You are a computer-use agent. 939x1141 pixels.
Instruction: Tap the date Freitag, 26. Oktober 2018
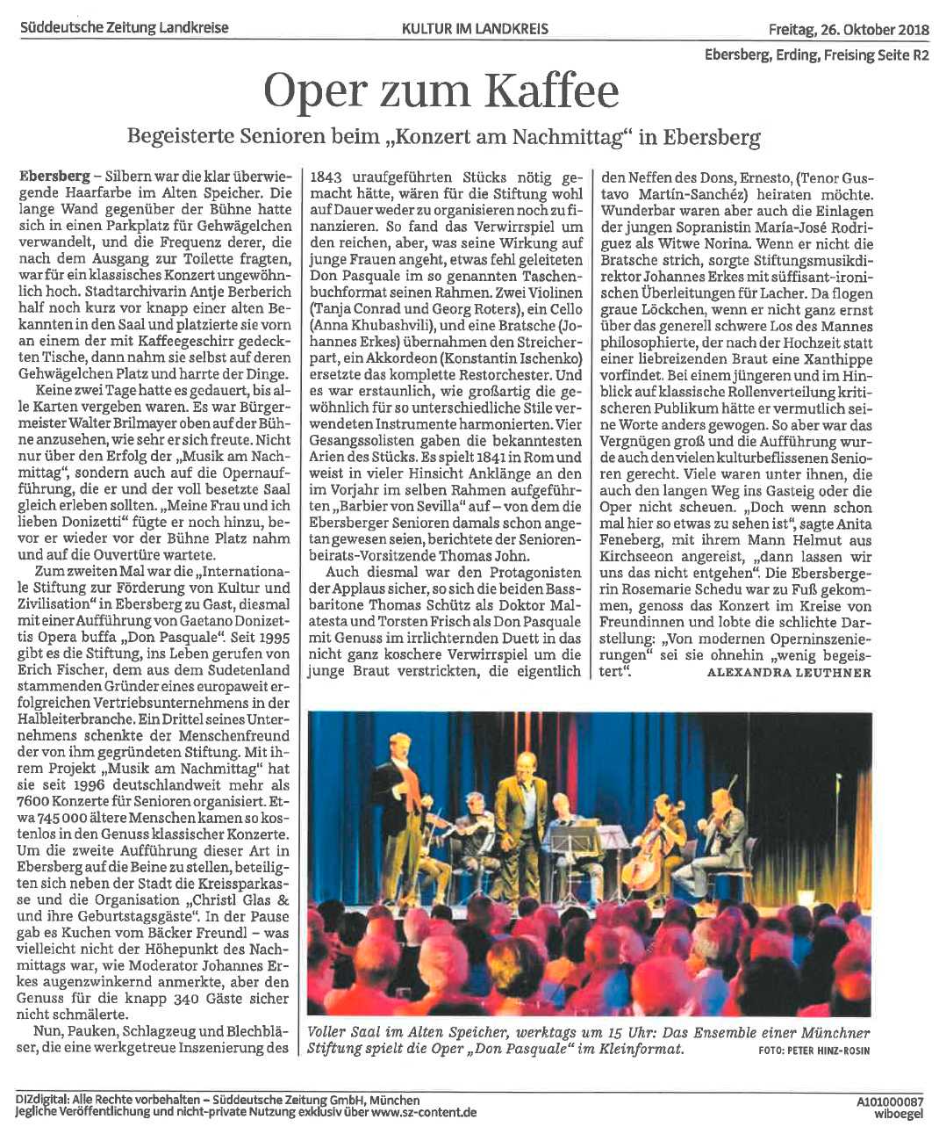848,28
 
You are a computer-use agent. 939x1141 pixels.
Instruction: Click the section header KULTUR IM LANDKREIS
475,28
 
